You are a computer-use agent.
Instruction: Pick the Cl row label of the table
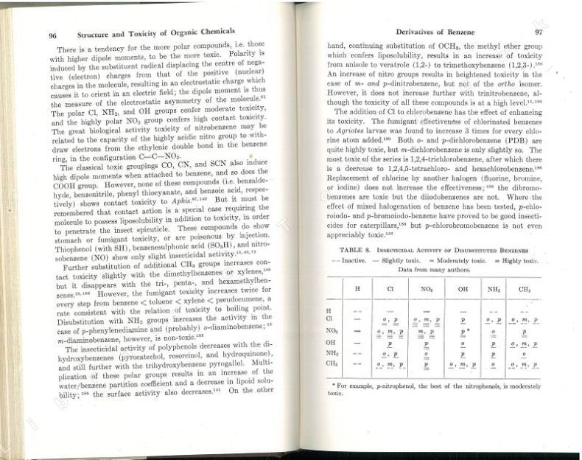coord(329,318)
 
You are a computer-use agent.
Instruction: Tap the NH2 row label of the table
coord(331,353)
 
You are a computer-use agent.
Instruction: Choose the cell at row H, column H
coord(357,309)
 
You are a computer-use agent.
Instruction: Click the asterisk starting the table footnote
coord(334,385)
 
